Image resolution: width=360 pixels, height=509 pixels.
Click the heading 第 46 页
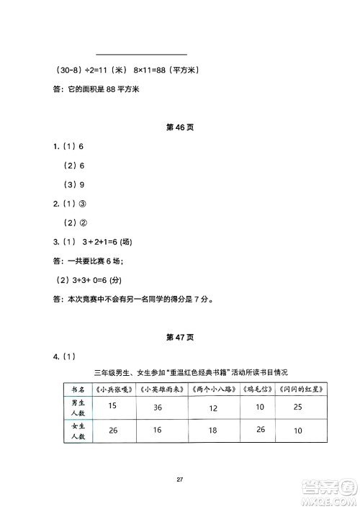coord(180,127)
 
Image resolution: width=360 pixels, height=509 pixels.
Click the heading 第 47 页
coord(180,336)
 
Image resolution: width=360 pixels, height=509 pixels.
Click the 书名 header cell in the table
coord(77,389)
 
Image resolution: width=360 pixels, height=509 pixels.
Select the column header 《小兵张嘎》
coord(112,389)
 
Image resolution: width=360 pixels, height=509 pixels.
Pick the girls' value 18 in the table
coord(212,430)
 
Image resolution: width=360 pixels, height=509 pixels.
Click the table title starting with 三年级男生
coord(190,372)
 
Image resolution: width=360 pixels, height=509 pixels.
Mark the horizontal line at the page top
coord(141,54)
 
